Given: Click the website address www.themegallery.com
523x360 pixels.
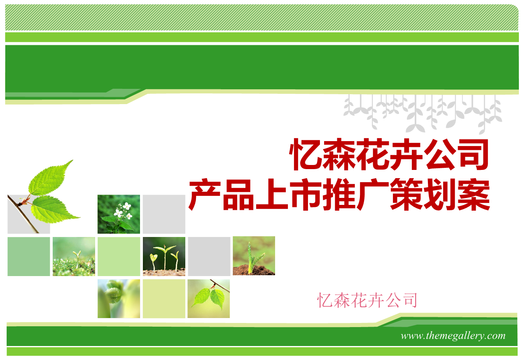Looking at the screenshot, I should click(453, 336).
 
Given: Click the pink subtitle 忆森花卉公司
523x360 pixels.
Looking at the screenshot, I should click(367, 300).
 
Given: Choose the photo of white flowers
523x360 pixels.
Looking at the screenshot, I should click(119, 214).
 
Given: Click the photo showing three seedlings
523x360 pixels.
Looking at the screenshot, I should click(164, 256).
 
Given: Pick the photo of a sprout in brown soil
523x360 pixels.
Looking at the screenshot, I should click(254, 255).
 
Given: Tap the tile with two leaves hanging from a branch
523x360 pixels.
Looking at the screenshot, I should click(208, 298).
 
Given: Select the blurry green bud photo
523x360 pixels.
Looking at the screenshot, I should click(119, 298).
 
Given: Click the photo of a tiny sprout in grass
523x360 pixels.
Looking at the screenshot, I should click(74, 256).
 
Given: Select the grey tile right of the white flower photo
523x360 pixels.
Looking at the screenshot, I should click(164, 214).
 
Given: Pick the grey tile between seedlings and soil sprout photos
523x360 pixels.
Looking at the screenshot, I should click(209, 256).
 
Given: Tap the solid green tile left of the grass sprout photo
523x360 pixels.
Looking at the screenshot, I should click(28, 256).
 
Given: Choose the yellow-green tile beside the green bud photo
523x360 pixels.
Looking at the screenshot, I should click(164, 298).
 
